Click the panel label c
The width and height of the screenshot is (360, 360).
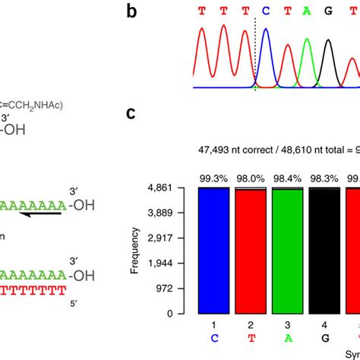pos(131,114)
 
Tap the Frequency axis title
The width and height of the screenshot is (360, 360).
pos(134,250)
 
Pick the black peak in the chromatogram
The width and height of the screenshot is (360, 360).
pos(328,65)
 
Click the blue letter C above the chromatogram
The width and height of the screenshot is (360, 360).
pos(266,11)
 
